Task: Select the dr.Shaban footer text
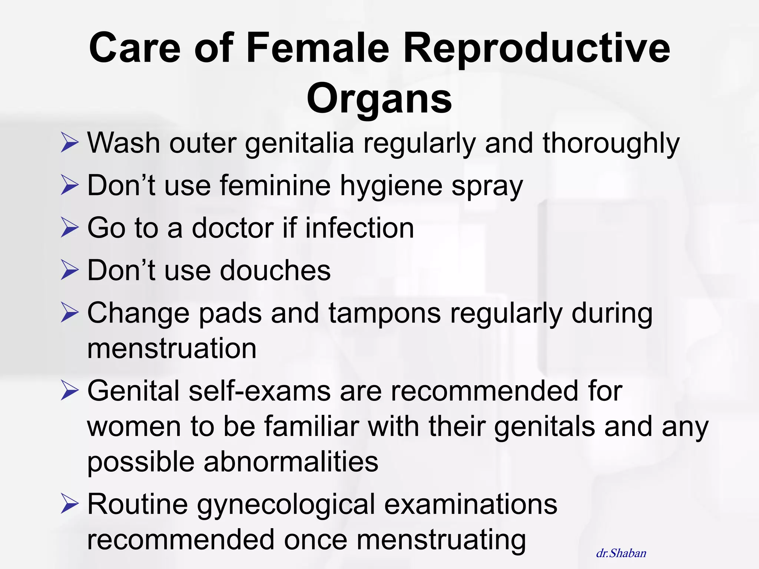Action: tap(621, 553)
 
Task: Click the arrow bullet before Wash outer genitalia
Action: tap(70, 143)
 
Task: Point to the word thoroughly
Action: tap(611, 144)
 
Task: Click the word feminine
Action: tap(275, 185)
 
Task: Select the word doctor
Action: tap(233, 228)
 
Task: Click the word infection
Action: tap(359, 228)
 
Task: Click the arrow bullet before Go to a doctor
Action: tap(70, 227)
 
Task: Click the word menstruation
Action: tap(172, 349)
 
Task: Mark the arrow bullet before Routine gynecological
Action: tap(70, 504)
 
